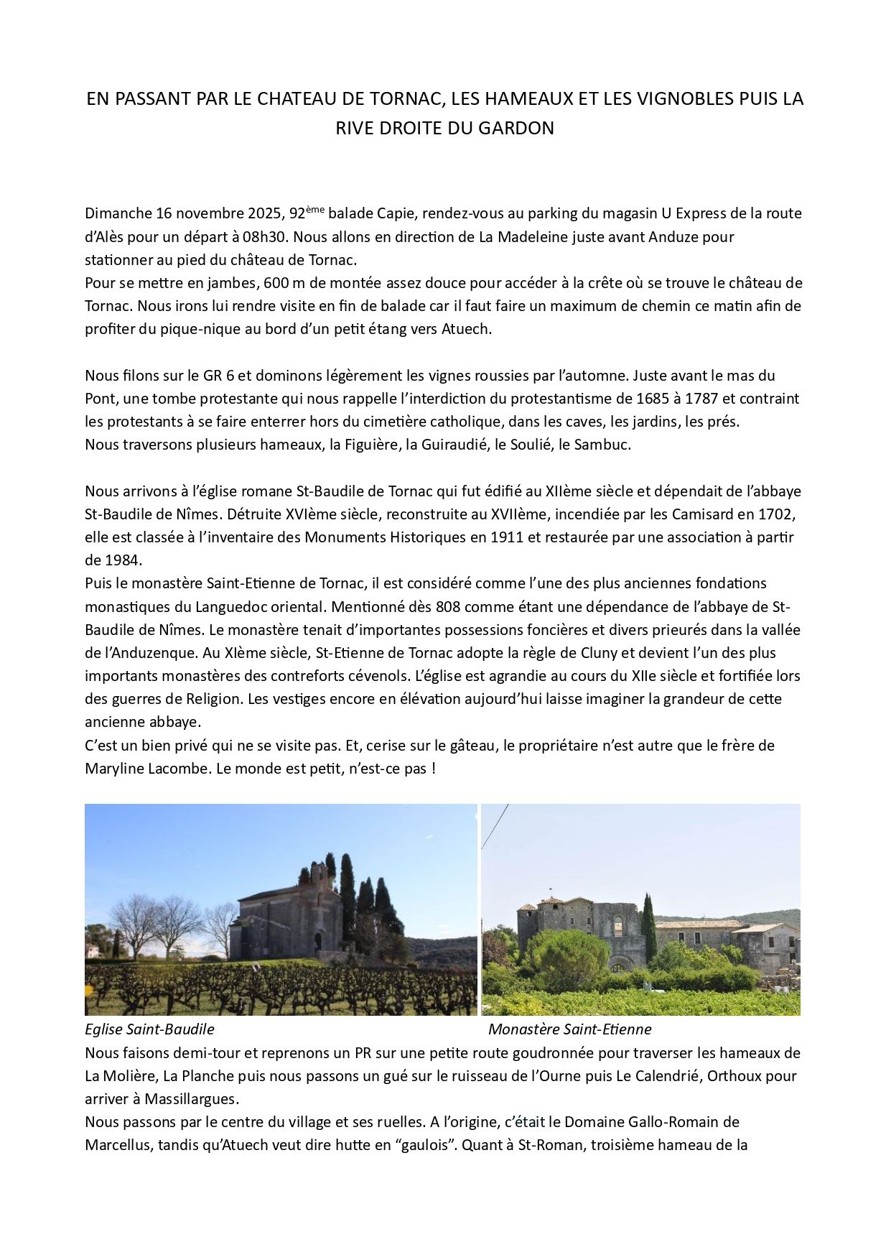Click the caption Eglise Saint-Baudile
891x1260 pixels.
(x=149, y=1029)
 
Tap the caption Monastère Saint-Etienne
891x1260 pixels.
(x=569, y=1029)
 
